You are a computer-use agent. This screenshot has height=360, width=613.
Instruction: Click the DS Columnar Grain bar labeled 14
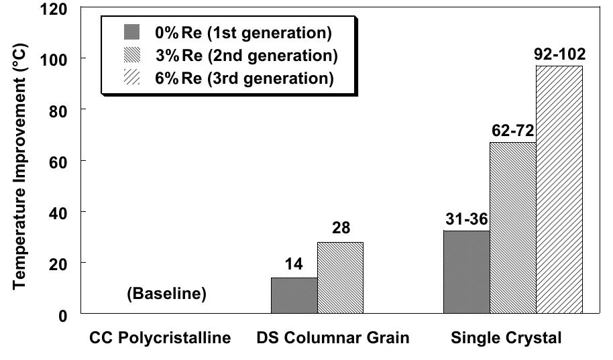pyautogui.click(x=294, y=296)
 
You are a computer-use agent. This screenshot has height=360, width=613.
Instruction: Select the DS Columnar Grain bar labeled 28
pyautogui.click(x=340, y=278)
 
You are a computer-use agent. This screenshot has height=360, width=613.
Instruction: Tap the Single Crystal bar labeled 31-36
pyautogui.click(x=466, y=272)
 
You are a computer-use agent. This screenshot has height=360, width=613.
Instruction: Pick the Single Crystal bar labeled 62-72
pyautogui.click(x=512, y=228)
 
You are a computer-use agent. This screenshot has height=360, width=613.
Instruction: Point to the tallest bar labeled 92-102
pyautogui.click(x=559, y=190)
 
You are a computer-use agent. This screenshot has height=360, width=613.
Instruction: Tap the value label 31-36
pyautogui.click(x=466, y=220)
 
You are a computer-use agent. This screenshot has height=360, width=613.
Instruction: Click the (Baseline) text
pyautogui.click(x=166, y=294)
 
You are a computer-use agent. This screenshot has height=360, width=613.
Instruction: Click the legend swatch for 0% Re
pyautogui.click(x=131, y=32)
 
